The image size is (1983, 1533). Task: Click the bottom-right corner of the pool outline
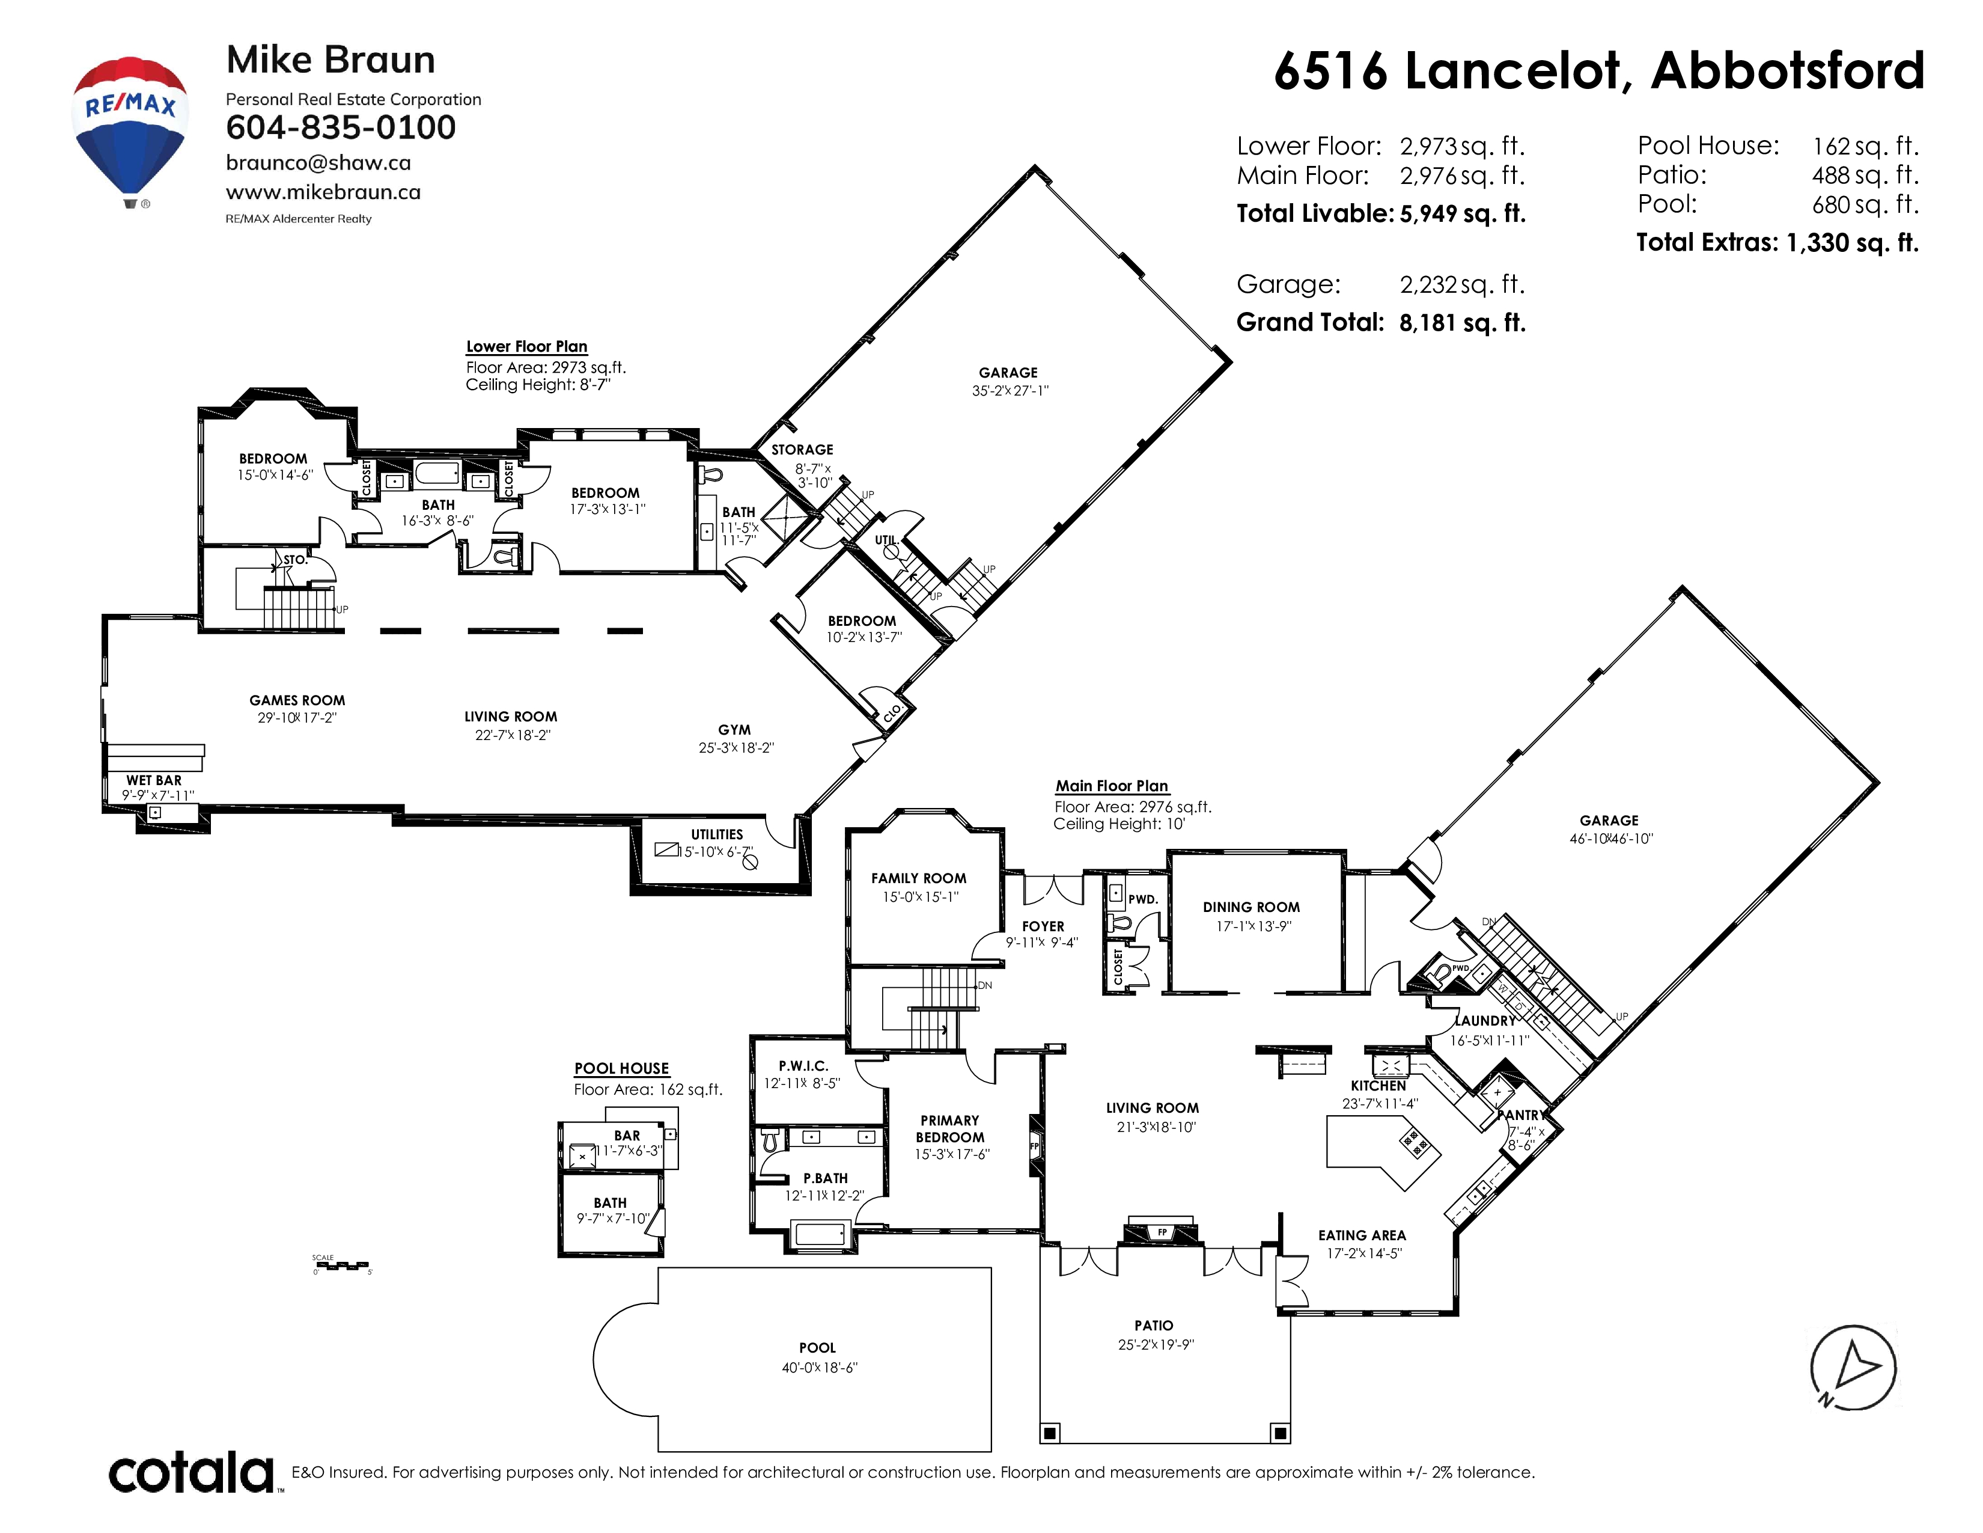990,1451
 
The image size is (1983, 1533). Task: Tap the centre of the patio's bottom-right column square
1279,1433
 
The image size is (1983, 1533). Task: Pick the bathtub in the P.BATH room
820,1235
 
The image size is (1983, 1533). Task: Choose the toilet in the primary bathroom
770,1140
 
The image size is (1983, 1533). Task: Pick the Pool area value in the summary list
1865,204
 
